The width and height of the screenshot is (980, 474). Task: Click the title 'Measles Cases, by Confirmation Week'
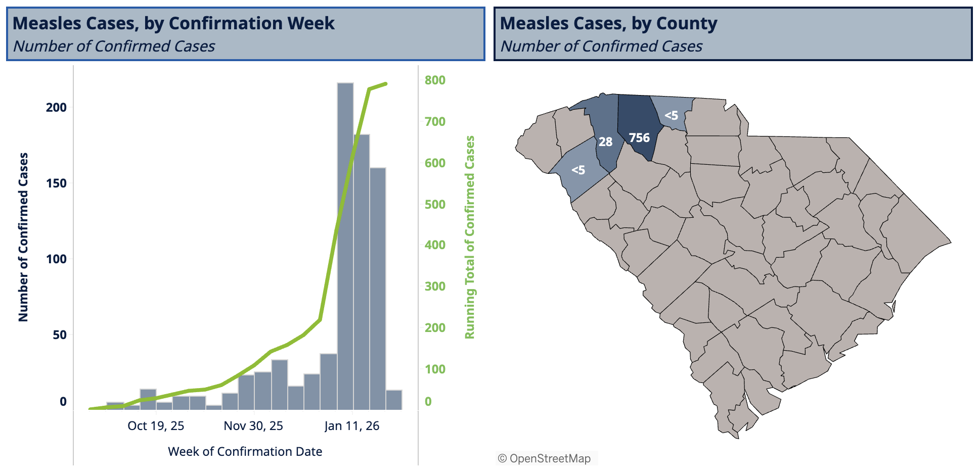pos(173,23)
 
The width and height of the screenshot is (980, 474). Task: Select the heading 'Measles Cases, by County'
pos(608,23)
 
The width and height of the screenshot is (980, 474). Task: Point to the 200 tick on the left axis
pos(56,107)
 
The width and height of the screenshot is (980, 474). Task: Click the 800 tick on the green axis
pos(435,80)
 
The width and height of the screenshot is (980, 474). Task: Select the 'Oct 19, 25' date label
pos(156,425)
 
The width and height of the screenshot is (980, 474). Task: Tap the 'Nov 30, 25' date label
pos(253,425)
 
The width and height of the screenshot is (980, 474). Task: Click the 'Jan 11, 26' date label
pos(351,425)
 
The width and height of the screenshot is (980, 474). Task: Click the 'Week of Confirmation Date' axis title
pos(245,451)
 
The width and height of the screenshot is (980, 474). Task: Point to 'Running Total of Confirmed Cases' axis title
pos(470,237)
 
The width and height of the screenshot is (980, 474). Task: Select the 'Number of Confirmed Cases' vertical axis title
pos(23,237)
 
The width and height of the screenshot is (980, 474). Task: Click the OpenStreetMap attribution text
pos(545,458)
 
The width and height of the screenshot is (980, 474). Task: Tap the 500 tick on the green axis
pos(435,204)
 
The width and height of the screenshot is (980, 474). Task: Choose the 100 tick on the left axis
pos(56,259)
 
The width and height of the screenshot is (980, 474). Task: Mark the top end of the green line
pos(386,84)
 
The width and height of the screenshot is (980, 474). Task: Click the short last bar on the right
pos(394,400)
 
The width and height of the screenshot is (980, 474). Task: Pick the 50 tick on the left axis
pos(60,335)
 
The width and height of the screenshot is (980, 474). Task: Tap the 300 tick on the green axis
pos(435,286)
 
